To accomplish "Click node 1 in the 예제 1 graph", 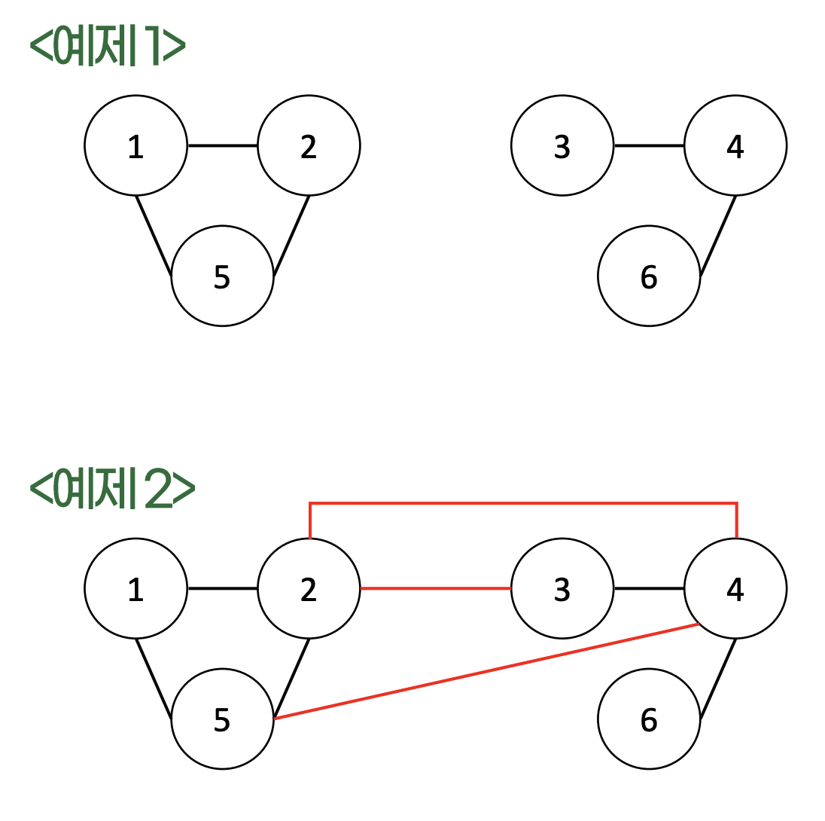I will click(x=135, y=146).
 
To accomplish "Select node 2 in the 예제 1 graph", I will click(x=309, y=146).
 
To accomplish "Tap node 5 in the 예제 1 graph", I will click(x=222, y=276).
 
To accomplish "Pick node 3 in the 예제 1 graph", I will click(x=562, y=146).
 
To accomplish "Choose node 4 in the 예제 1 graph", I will click(x=735, y=146).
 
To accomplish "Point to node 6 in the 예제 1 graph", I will click(x=649, y=276).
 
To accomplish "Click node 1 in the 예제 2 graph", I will click(x=135, y=589).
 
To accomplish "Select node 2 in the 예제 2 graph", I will click(x=309, y=589).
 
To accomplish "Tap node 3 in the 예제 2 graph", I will click(x=562, y=589).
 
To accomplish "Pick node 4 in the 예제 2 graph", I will click(x=735, y=589).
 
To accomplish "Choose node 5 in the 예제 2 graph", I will click(x=222, y=719).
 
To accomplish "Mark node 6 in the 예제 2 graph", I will click(x=649, y=719).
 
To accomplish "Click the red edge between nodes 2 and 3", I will click(x=436, y=588).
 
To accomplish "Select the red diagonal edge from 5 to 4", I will click(x=486, y=672).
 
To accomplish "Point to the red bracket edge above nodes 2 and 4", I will click(x=523, y=502).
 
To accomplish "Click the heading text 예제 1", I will click(x=107, y=47).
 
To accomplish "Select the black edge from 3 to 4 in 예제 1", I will click(x=649, y=145).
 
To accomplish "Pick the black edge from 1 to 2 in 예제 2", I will click(x=222, y=588).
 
